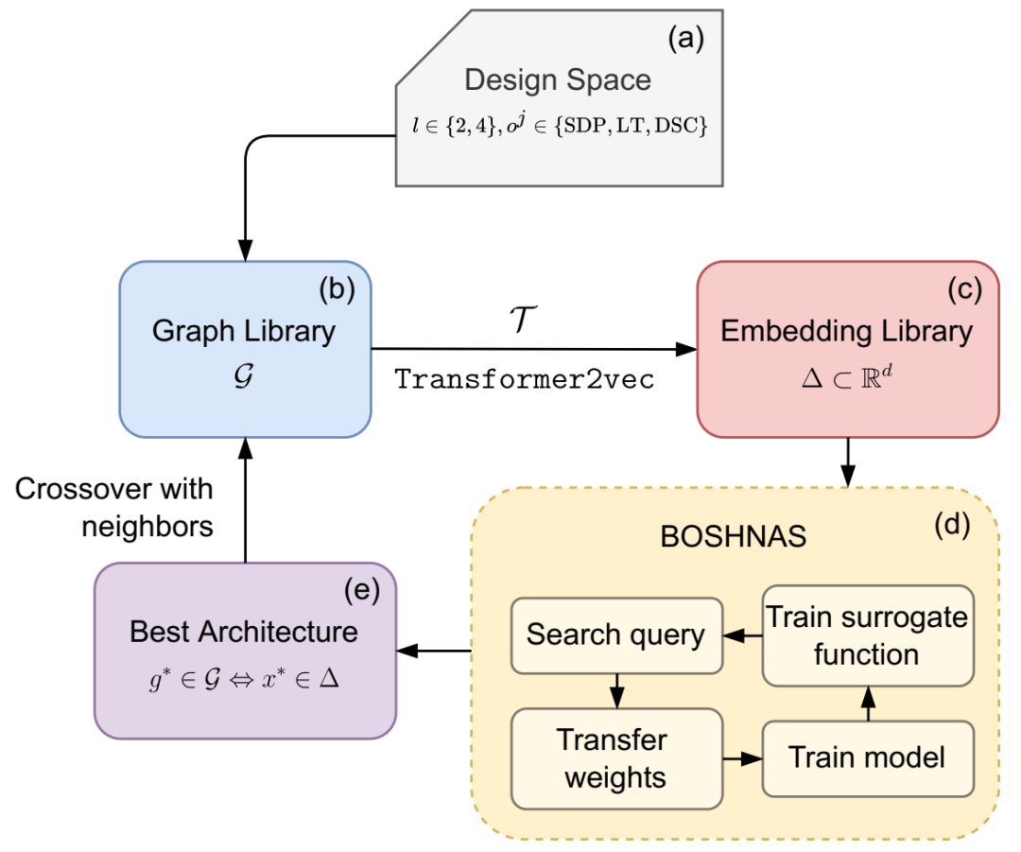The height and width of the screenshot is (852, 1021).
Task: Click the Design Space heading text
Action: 558,80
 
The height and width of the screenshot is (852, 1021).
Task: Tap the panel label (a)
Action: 685,39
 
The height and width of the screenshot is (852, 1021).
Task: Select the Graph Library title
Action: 244,331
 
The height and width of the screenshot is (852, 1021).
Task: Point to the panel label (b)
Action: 337,288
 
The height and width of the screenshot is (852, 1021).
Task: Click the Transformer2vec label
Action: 524,379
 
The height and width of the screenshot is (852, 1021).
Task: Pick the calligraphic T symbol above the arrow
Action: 523,319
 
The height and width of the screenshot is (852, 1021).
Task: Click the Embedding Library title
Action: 846,331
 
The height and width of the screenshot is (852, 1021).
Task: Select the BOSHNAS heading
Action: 734,537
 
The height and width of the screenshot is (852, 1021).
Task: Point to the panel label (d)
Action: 952,525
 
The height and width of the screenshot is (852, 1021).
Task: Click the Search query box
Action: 616,635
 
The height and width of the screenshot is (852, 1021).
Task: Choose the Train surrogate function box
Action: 868,635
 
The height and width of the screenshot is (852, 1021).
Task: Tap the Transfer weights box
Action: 616,758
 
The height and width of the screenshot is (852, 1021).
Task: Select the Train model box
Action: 868,758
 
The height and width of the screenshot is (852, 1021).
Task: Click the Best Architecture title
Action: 244,632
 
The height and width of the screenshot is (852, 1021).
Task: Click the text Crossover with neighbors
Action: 114,508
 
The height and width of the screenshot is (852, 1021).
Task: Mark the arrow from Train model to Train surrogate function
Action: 868,704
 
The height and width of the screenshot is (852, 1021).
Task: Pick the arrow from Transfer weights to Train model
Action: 742,758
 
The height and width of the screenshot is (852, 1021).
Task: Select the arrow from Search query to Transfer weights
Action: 616,691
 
